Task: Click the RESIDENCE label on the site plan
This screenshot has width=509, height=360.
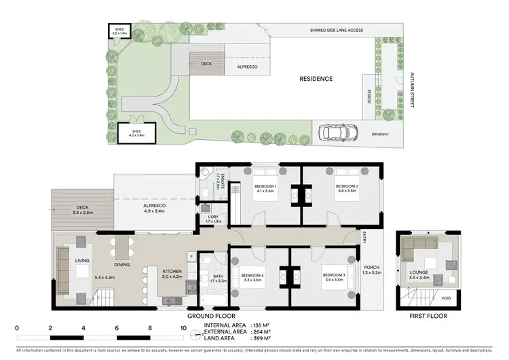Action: click(x=316, y=79)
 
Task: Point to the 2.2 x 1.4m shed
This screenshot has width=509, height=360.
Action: click(x=119, y=32)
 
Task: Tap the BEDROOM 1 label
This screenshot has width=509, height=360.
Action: click(x=265, y=186)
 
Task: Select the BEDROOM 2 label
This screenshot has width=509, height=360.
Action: click(x=346, y=186)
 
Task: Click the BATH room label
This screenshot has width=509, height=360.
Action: click(x=218, y=276)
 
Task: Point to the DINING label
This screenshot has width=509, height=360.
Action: click(x=122, y=265)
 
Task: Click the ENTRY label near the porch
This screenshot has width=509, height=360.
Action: click(x=364, y=238)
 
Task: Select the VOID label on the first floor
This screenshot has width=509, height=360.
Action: click(x=446, y=298)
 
